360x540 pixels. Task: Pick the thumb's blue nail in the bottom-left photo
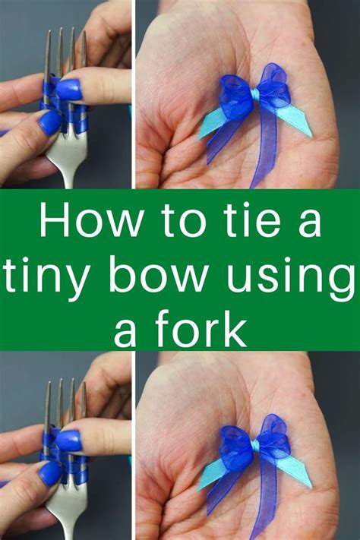pos(50,472)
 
